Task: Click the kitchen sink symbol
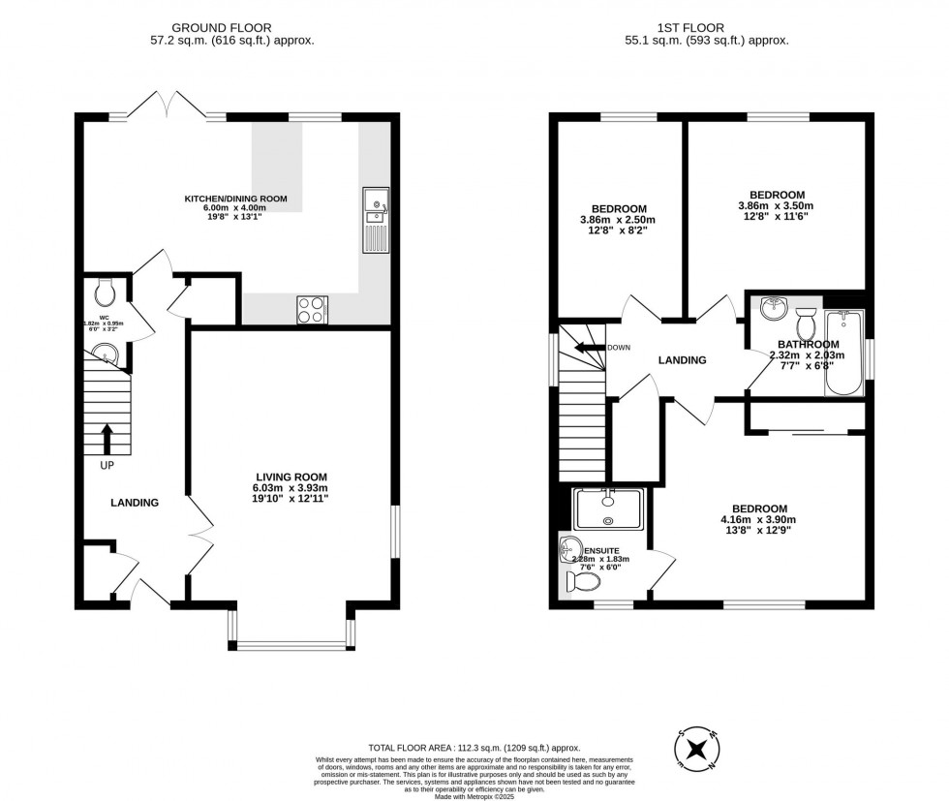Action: (x=375, y=220)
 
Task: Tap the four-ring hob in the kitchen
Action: (x=311, y=309)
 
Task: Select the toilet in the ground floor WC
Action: (x=106, y=291)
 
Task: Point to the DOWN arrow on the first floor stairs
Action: (x=586, y=348)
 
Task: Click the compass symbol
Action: (x=694, y=748)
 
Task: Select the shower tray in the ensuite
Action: (x=608, y=507)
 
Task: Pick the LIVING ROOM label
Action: (x=291, y=477)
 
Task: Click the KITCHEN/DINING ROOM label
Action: (x=236, y=200)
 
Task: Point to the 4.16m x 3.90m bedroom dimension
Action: (x=759, y=520)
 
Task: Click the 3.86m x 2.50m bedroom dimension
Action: (x=619, y=220)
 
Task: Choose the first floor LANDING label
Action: (x=682, y=360)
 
